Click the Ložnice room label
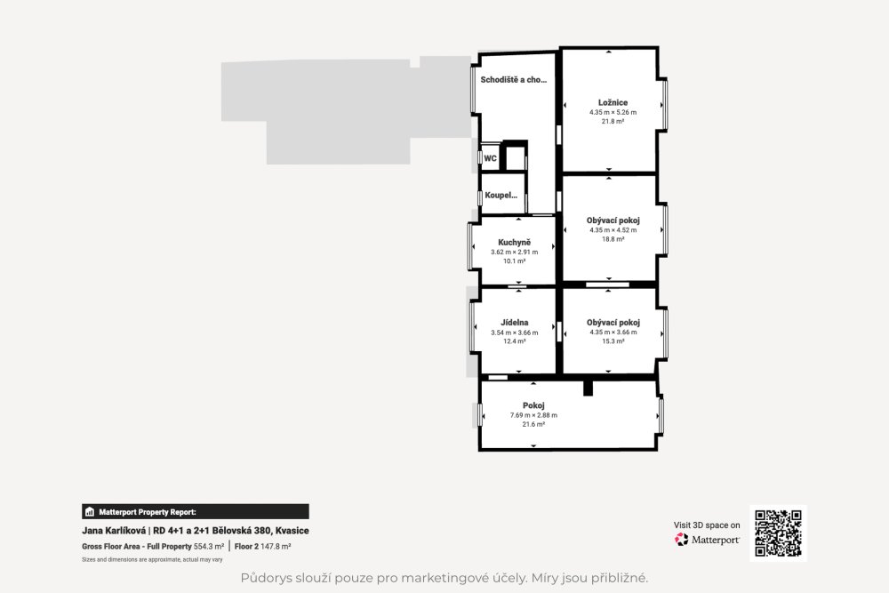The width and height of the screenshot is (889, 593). (613, 102)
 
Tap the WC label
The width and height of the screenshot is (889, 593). (491, 158)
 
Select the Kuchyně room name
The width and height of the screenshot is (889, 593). (514, 243)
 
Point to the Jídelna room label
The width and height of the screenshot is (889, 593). (514, 323)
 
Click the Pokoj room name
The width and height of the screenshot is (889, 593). (533, 405)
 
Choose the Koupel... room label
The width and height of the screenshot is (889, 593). (501, 195)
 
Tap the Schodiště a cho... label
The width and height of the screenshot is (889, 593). (514, 80)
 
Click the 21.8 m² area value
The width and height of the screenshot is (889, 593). (613, 121)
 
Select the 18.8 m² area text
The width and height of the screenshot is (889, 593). (613, 239)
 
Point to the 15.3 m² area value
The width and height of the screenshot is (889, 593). (613, 341)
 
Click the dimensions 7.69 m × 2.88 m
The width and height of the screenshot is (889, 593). (533, 415)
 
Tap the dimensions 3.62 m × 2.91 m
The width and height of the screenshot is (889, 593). (514, 252)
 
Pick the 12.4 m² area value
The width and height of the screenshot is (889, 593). (514, 341)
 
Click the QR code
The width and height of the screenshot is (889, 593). (778, 533)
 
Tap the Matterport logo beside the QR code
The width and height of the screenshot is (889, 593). (707, 539)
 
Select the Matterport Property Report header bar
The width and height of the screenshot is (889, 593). (196, 512)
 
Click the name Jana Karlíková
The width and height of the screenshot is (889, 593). (114, 531)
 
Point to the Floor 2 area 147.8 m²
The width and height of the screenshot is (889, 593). (262, 547)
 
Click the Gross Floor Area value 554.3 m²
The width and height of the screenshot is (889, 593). (209, 547)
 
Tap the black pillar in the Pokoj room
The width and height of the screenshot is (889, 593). (588, 389)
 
